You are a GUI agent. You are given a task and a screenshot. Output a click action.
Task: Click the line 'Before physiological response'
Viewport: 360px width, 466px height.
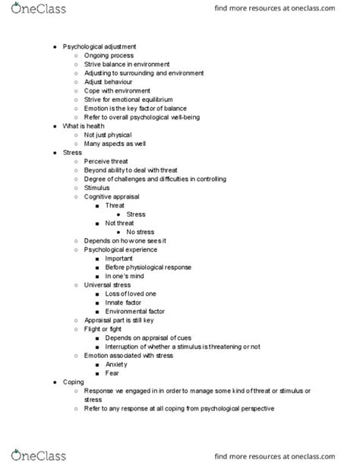coord(148,267)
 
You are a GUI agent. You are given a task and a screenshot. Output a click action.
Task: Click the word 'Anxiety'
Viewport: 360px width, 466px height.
coord(118,364)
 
